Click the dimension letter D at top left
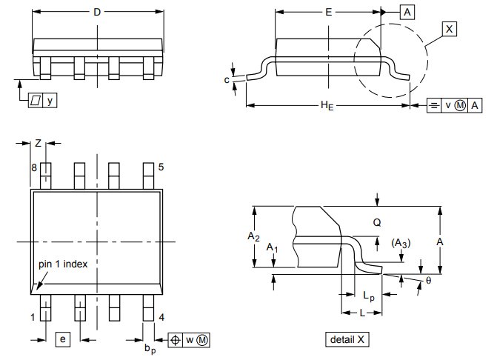click(x=97, y=12)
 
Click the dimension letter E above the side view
click(x=329, y=12)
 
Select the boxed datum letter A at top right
click(x=408, y=12)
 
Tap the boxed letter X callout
click(x=449, y=29)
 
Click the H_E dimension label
click(x=327, y=106)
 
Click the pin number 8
click(x=33, y=168)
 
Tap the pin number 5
click(x=161, y=168)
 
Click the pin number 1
click(x=33, y=318)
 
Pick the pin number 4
click(x=161, y=318)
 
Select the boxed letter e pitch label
click(x=63, y=339)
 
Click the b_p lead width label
click(x=150, y=347)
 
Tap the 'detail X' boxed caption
click(x=347, y=339)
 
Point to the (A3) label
click(x=401, y=243)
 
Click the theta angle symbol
click(x=428, y=281)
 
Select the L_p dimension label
click(x=369, y=296)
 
